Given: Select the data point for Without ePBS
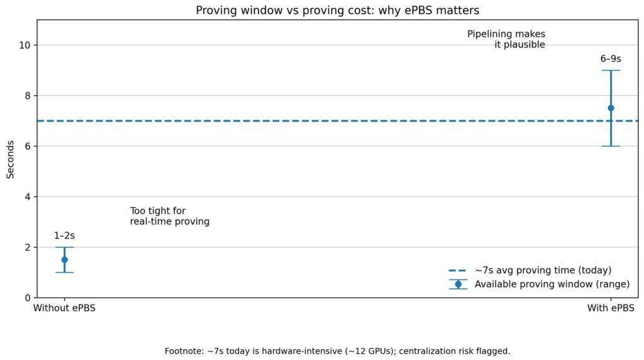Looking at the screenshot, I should pyautogui.click(x=64, y=259).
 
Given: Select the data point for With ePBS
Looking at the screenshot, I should pyautogui.click(x=611, y=108).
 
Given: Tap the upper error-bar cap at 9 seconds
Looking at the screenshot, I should pyautogui.click(x=611, y=70).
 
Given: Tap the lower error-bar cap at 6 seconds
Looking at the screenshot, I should pyautogui.click(x=611, y=146).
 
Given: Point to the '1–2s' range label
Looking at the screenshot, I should pyautogui.click(x=64, y=236).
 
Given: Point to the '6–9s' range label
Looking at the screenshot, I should pyautogui.click(x=611, y=59).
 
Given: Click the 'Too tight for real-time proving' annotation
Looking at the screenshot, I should pyautogui.click(x=169, y=217).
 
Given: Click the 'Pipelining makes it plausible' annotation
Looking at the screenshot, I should pyautogui.click(x=506, y=40).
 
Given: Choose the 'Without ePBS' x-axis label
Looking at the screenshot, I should pyautogui.click(x=64, y=308).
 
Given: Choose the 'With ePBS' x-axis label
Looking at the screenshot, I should pyautogui.click(x=611, y=308).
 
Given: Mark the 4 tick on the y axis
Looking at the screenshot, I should pyautogui.click(x=29, y=197).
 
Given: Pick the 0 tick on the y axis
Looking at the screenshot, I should pyautogui.click(x=29, y=298).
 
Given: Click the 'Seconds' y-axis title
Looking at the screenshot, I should pyautogui.click(x=11, y=159).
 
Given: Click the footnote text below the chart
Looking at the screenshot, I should pyautogui.click(x=337, y=351).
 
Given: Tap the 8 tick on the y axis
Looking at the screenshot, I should pyautogui.click(x=29, y=96).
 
